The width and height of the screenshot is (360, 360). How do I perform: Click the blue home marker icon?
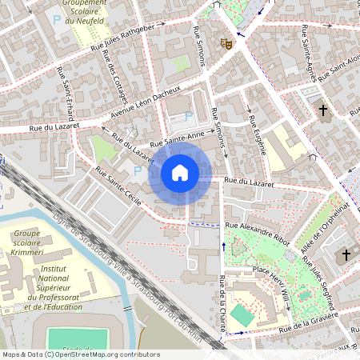point(180,173)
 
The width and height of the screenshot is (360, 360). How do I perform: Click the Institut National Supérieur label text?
point(52,275)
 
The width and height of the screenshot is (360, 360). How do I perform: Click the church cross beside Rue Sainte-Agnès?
point(323,110)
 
